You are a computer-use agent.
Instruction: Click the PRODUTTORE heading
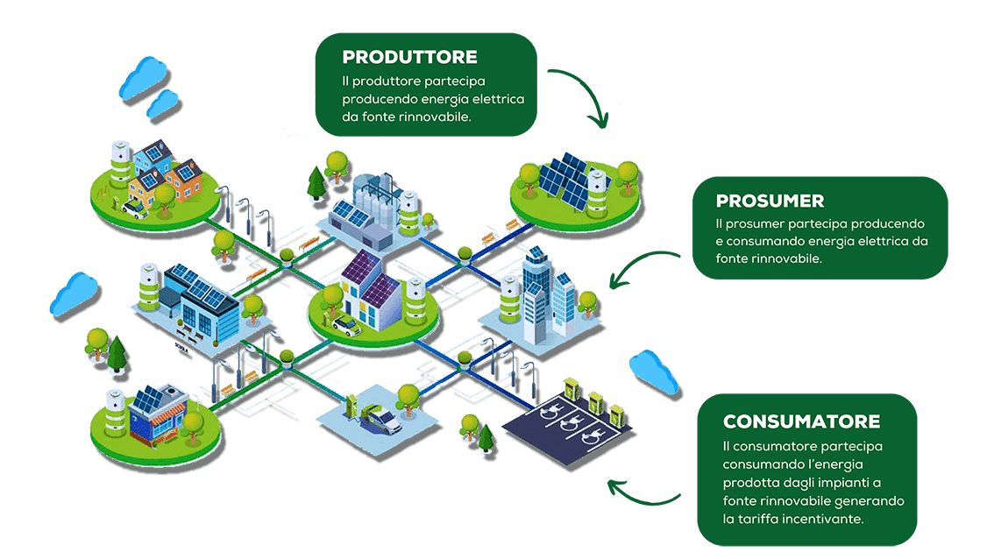tap(409, 57)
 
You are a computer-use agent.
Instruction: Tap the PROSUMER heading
tap(770, 201)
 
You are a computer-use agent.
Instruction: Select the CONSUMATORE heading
tap(801, 421)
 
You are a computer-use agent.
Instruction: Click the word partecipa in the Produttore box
tap(455, 81)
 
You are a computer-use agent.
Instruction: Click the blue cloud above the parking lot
tap(654, 372)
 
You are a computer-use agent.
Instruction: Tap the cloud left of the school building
tap(75, 294)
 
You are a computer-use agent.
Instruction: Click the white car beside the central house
tap(346, 325)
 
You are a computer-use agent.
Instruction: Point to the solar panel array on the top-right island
tap(567, 180)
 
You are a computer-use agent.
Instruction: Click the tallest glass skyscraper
tap(536, 294)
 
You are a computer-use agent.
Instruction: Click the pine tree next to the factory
tap(316, 182)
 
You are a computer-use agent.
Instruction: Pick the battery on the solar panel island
tap(597, 190)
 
